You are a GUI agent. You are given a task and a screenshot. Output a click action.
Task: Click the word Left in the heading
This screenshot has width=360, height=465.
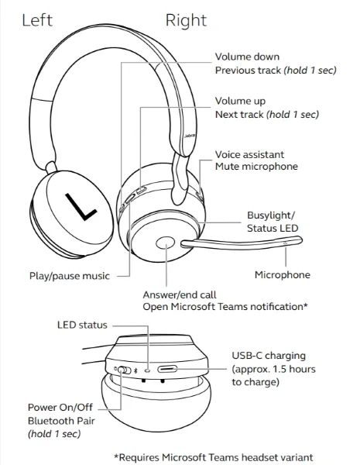(x=36, y=20)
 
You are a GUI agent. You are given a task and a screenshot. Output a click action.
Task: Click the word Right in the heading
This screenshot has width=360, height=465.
(x=186, y=21)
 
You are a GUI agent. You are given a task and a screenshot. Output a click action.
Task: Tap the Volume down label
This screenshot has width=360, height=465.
(x=247, y=57)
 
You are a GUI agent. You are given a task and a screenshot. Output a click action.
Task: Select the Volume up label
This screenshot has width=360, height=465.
(x=241, y=101)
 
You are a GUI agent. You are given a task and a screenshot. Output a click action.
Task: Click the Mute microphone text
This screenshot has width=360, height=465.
(x=255, y=167)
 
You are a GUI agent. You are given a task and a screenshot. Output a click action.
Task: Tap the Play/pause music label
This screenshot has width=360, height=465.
(x=69, y=275)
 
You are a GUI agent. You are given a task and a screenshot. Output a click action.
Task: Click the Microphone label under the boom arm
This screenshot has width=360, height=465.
(x=283, y=275)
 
